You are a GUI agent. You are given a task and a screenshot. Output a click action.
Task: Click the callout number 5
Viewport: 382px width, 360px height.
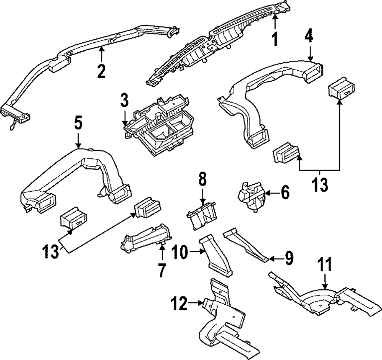pos(78,123)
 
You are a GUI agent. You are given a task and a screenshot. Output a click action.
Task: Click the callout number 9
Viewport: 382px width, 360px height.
pos(288,258)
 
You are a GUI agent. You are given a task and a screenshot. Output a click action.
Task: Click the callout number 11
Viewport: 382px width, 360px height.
pos(325,265)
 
